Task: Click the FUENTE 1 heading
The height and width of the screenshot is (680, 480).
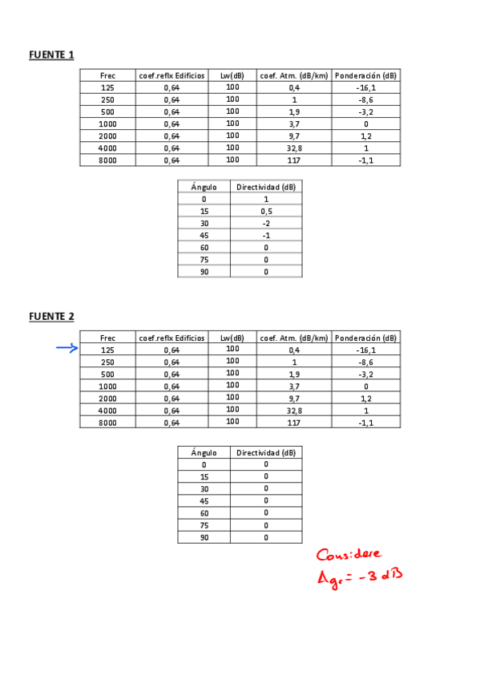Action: click(51, 55)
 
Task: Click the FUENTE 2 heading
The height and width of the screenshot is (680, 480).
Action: click(51, 316)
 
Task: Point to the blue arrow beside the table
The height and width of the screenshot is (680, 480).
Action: click(67, 348)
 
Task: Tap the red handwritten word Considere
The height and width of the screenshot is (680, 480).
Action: click(349, 555)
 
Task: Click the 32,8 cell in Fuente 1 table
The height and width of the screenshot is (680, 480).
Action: click(293, 148)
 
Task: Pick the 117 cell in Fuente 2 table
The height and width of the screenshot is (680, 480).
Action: click(293, 423)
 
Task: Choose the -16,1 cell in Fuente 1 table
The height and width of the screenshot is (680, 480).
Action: click(365, 87)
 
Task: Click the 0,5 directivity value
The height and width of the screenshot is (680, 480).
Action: click(266, 211)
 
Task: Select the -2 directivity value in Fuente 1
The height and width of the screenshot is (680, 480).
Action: click(266, 223)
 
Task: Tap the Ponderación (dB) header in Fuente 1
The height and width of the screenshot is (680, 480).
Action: click(365, 75)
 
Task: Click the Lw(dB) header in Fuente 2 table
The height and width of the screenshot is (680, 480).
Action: click(232, 338)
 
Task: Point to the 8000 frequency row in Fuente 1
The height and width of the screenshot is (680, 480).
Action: click(107, 160)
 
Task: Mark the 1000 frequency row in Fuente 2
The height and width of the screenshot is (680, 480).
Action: click(107, 386)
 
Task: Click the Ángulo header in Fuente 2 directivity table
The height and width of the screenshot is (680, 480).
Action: click(204, 452)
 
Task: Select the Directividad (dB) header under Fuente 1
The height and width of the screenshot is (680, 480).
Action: click(266, 187)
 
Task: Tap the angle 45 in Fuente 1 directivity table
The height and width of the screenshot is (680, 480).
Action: click(204, 235)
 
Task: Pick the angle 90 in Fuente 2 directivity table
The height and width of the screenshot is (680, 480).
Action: click(204, 537)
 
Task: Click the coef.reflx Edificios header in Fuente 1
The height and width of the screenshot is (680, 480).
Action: click(171, 75)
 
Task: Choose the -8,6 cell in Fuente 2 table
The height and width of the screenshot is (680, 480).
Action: click(365, 362)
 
